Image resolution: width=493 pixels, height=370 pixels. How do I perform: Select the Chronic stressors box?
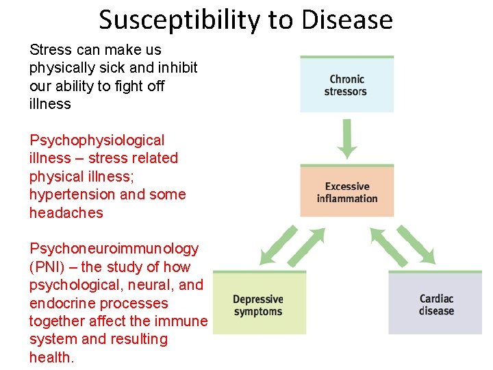click(346, 85)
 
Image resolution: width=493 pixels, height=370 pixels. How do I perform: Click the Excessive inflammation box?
click(346, 193)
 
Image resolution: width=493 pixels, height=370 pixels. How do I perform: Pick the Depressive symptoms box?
click(259, 305)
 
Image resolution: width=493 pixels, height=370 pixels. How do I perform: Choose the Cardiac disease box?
click(435, 304)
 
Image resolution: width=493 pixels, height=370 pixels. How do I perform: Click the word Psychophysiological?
click(97, 140)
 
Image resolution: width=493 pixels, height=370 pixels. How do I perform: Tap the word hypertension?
click(72, 195)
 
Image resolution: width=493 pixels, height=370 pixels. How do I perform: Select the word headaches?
click(66, 213)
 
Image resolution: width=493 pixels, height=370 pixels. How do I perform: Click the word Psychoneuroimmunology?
click(114, 249)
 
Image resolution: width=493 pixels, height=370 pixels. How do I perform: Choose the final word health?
click(51, 358)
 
